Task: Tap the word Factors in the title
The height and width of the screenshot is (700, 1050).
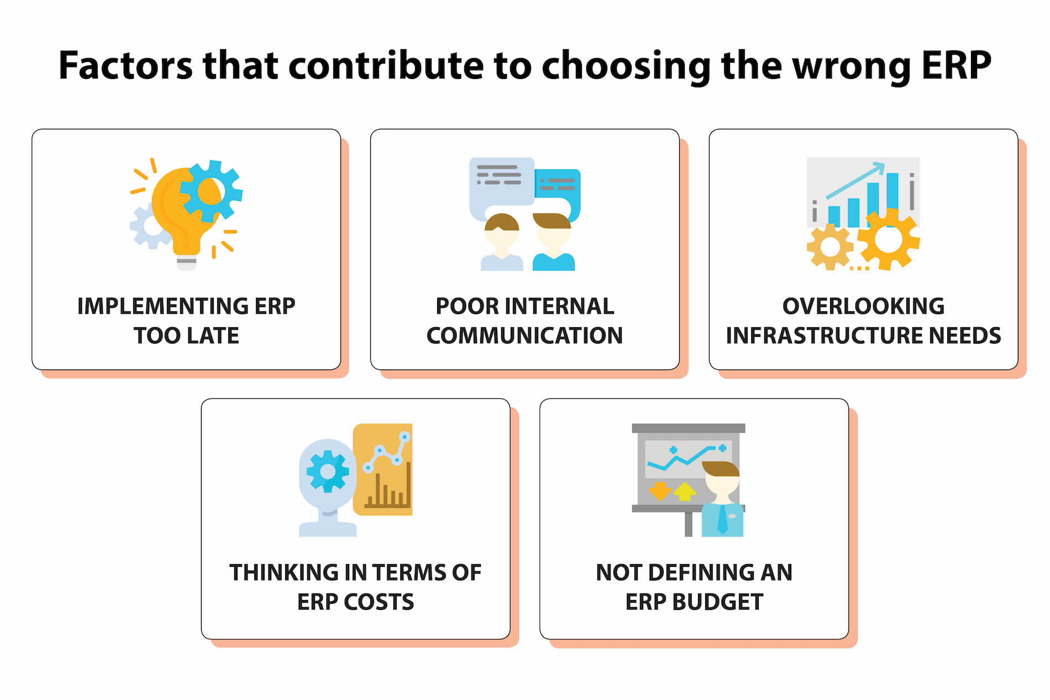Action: pyautogui.click(x=126, y=65)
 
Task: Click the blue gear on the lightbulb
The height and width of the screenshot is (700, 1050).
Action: pyautogui.click(x=211, y=190)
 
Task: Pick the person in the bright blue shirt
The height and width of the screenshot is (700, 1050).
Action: pyautogui.click(x=553, y=243)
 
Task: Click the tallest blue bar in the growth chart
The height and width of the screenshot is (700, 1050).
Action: pyautogui.click(x=892, y=199)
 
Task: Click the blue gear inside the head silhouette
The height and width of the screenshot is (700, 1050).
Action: pyautogui.click(x=328, y=471)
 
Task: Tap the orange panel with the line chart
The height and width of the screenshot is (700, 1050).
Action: pyautogui.click(x=382, y=470)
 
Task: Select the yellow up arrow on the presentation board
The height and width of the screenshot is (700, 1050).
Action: pyautogui.click(x=685, y=491)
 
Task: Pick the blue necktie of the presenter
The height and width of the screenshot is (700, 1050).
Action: pyautogui.click(x=722, y=519)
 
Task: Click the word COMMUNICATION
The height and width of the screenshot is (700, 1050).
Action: pyautogui.click(x=524, y=335)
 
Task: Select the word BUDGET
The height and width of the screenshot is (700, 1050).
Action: pyautogui.click(x=717, y=602)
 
